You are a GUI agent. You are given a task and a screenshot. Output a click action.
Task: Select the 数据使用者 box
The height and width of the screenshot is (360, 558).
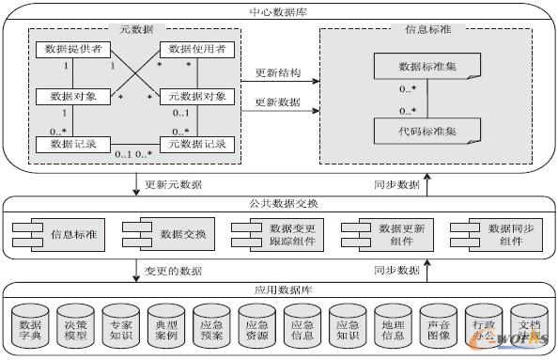[x=196, y=48]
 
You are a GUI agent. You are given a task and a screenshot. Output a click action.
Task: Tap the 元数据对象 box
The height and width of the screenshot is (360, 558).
[x=196, y=96]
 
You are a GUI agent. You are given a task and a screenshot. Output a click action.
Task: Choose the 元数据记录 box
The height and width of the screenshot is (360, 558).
[x=196, y=144]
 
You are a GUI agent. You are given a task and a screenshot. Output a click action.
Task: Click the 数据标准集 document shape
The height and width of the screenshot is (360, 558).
[x=427, y=68]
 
